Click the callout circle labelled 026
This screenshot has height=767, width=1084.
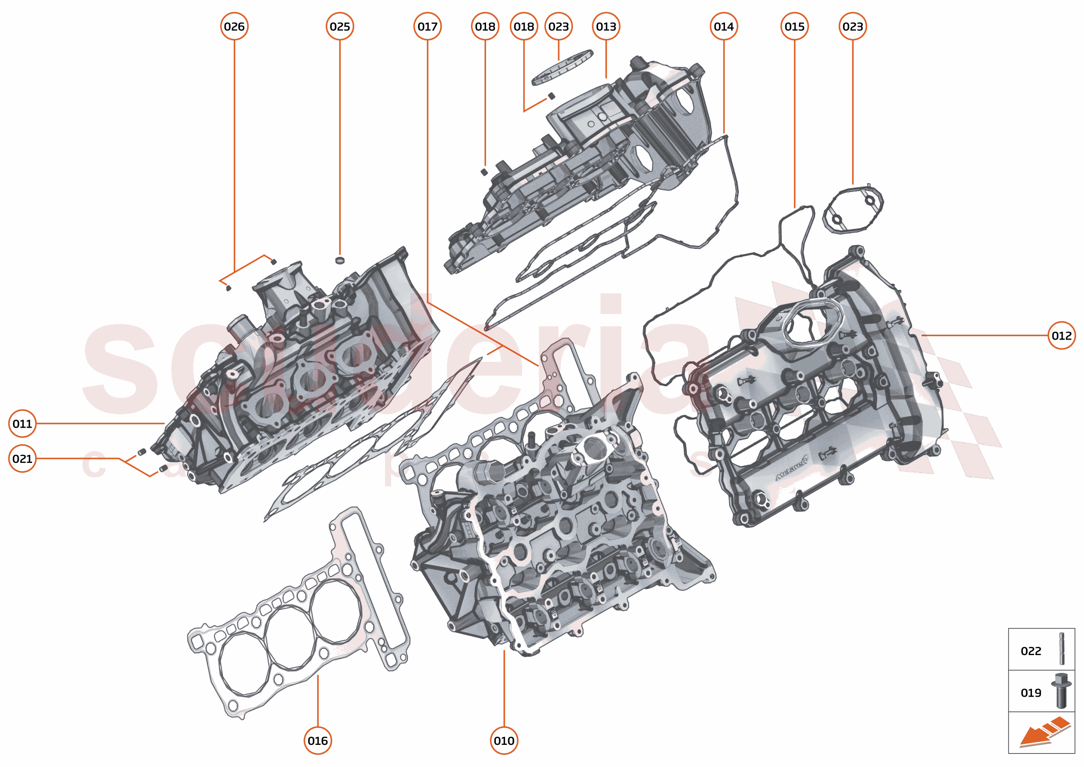(234, 26)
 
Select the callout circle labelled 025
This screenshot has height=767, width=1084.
(340, 26)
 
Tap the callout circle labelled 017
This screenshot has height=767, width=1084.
(427, 26)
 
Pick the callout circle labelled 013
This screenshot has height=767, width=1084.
(606, 26)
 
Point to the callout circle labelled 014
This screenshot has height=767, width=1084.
(723, 26)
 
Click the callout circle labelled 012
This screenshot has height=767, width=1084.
(1061, 335)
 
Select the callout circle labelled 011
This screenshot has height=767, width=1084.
(22, 424)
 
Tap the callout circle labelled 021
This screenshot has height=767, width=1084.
(22, 459)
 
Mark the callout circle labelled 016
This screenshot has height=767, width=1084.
(317, 741)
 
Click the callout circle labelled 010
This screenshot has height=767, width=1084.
(504, 741)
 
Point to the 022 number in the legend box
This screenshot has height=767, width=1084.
(1031, 651)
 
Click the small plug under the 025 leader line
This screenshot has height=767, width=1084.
(340, 260)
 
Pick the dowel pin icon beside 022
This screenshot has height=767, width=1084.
(1062, 649)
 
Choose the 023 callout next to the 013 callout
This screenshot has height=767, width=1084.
(558, 26)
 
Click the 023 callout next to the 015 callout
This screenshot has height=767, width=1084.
(852, 26)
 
